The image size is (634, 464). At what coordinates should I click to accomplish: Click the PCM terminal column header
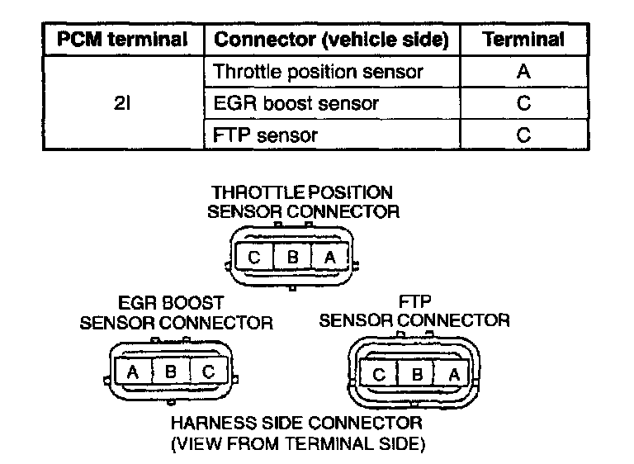click(x=122, y=39)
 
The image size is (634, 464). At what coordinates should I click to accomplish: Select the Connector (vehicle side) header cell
click(x=331, y=39)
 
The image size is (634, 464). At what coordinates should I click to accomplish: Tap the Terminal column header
click(x=523, y=39)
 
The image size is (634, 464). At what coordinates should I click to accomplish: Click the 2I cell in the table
click(x=122, y=104)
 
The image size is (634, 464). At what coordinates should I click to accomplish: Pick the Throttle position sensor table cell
click(x=318, y=72)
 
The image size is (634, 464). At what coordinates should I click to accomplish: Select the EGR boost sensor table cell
click(x=296, y=104)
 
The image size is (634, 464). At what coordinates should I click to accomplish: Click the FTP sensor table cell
click(x=265, y=135)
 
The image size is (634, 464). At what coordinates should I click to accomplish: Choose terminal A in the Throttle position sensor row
click(x=523, y=72)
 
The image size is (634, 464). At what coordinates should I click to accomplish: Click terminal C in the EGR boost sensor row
click(x=523, y=104)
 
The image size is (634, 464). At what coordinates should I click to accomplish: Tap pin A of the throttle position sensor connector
click(x=330, y=257)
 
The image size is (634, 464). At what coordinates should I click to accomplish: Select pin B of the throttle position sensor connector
click(x=292, y=257)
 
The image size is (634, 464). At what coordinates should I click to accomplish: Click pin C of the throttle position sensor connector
click(x=254, y=257)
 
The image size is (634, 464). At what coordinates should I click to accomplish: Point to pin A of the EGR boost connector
click(x=132, y=372)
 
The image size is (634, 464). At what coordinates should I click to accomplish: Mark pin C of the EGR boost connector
click(x=209, y=372)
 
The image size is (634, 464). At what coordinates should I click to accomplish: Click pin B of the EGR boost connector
click(x=171, y=372)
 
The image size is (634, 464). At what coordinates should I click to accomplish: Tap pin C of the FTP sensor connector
click(x=379, y=373)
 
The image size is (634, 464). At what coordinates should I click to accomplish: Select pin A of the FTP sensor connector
click(x=453, y=373)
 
